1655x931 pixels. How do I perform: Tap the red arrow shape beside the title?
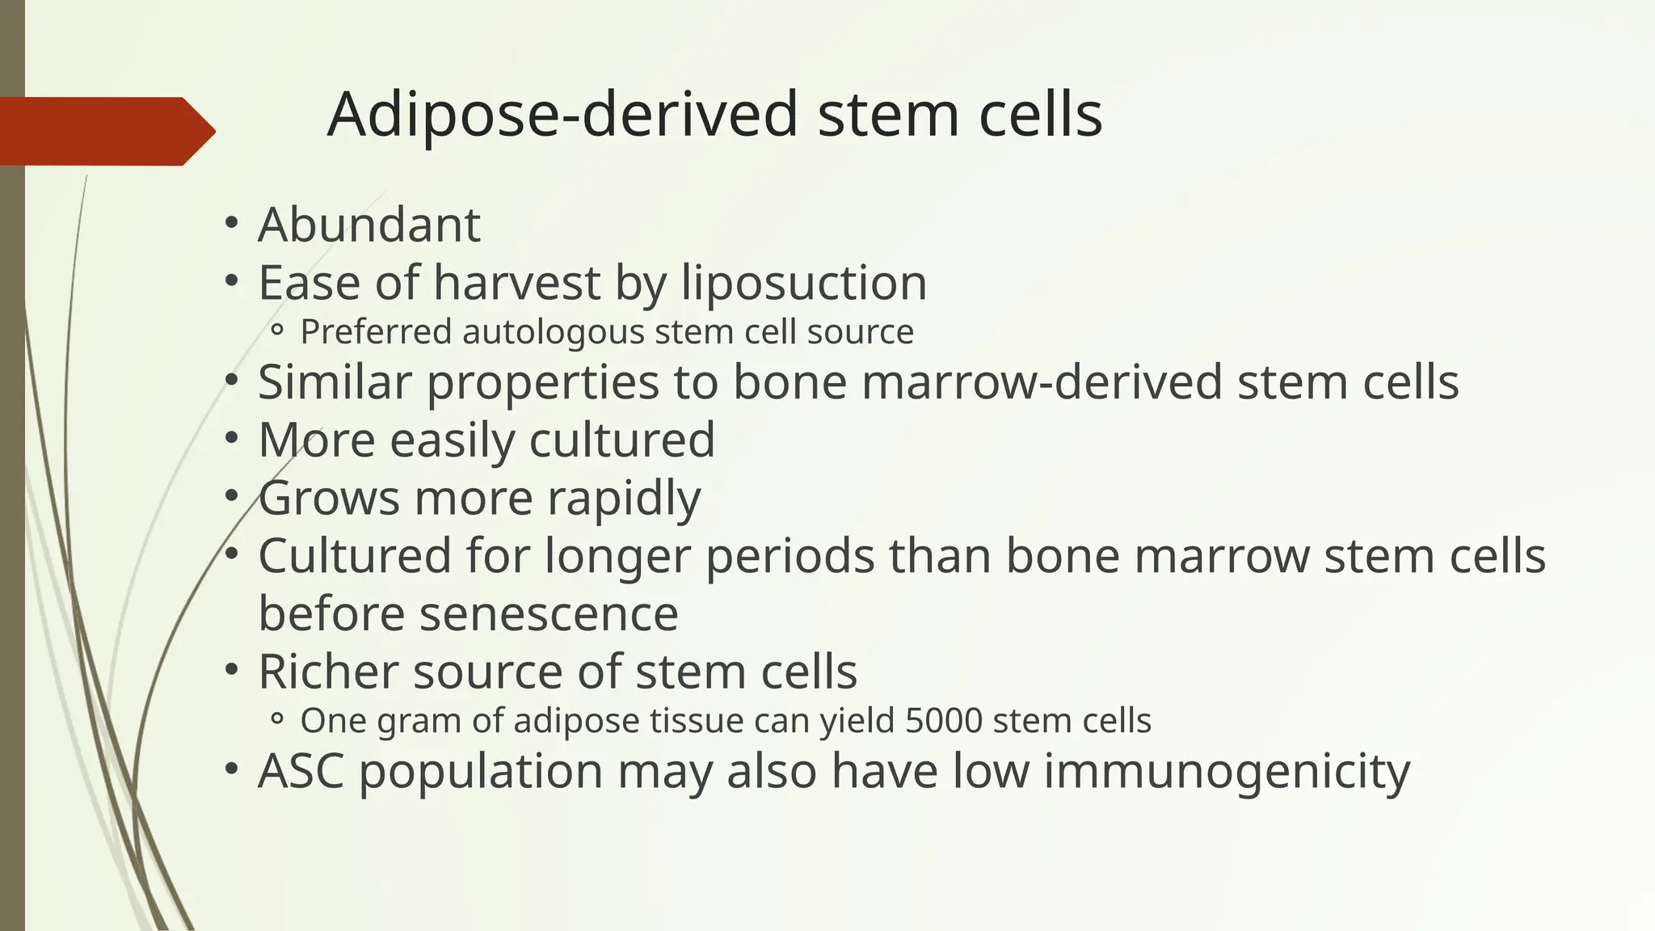point(105,131)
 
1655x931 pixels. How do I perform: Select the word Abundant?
point(369,225)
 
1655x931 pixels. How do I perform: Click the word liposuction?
point(804,283)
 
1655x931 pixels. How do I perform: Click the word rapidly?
point(624,498)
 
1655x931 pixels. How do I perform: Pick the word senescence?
point(549,613)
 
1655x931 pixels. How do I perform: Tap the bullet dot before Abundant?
point(232,223)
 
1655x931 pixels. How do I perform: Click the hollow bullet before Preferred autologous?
point(277,331)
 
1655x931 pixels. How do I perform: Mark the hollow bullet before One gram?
point(277,719)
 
